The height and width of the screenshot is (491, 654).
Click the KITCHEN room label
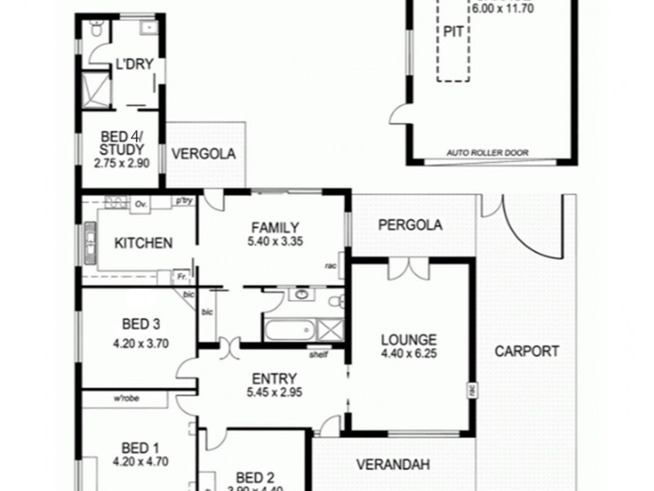click(x=143, y=243)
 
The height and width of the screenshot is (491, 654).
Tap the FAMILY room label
click(x=275, y=227)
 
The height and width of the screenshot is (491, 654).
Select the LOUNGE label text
click(x=409, y=340)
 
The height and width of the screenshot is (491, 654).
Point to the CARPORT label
click(x=527, y=352)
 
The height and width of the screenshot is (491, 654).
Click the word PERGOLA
click(x=410, y=225)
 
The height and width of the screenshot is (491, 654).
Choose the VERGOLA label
click(x=204, y=153)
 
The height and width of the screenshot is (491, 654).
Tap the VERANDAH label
click(x=393, y=465)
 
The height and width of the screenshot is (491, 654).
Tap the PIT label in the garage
click(x=454, y=30)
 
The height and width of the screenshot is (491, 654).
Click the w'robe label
click(x=129, y=399)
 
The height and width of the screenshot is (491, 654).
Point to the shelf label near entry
click(x=318, y=355)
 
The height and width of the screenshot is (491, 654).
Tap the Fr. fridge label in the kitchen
click(x=181, y=278)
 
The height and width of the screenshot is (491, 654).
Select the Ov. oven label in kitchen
click(x=140, y=204)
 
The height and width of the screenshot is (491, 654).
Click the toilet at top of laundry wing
click(x=96, y=31)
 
